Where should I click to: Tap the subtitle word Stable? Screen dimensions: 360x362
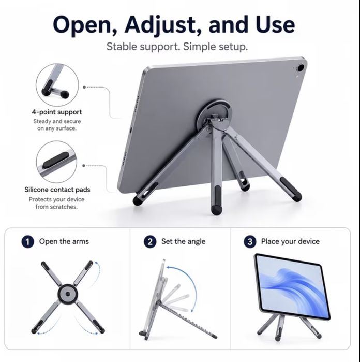(122, 47)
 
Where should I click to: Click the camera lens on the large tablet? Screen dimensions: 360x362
(301, 68)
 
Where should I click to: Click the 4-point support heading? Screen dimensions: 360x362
(57, 112)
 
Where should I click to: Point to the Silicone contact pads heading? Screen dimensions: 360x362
(57, 190)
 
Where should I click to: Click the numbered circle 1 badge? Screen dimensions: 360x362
(28, 242)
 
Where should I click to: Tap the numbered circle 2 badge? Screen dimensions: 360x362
(150, 242)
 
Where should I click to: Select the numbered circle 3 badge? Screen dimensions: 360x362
(250, 242)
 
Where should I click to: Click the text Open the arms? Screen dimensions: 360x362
(64, 241)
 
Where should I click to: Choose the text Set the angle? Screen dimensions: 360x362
(183, 241)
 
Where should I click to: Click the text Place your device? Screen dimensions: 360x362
(290, 241)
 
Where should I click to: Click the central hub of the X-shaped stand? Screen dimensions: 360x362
(68, 294)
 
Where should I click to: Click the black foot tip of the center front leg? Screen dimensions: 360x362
(216, 210)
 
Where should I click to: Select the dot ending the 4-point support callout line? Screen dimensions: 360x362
(84, 88)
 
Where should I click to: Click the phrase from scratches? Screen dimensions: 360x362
(56, 207)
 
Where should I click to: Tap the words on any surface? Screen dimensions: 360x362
(57, 128)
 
